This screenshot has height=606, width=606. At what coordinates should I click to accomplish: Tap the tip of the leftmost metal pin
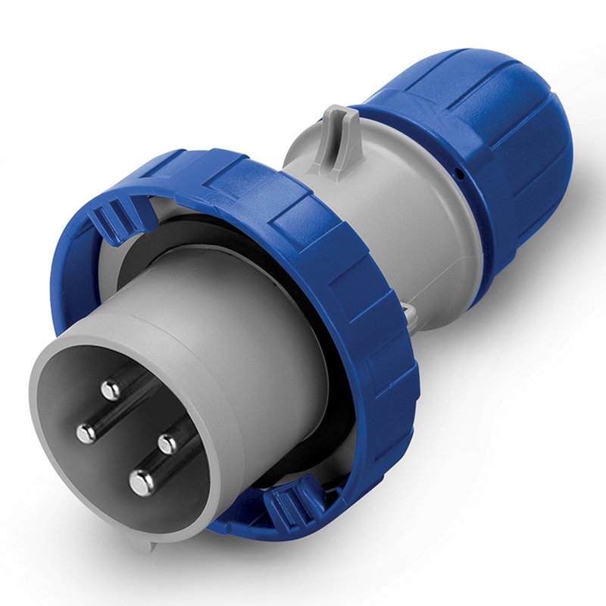[86, 433]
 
